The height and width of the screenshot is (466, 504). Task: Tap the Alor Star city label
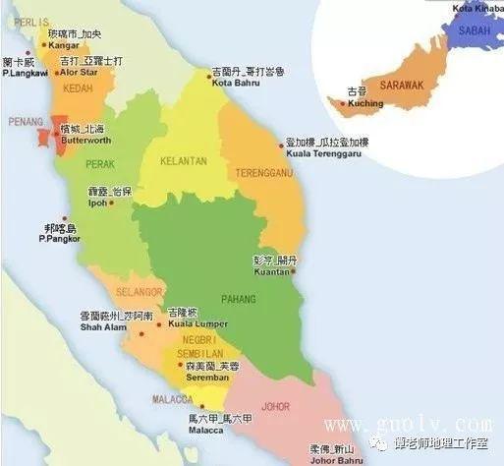80,73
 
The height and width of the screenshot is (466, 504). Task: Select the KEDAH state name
50,88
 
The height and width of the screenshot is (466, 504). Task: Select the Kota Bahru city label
233,83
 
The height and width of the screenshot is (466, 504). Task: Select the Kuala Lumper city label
197,322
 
